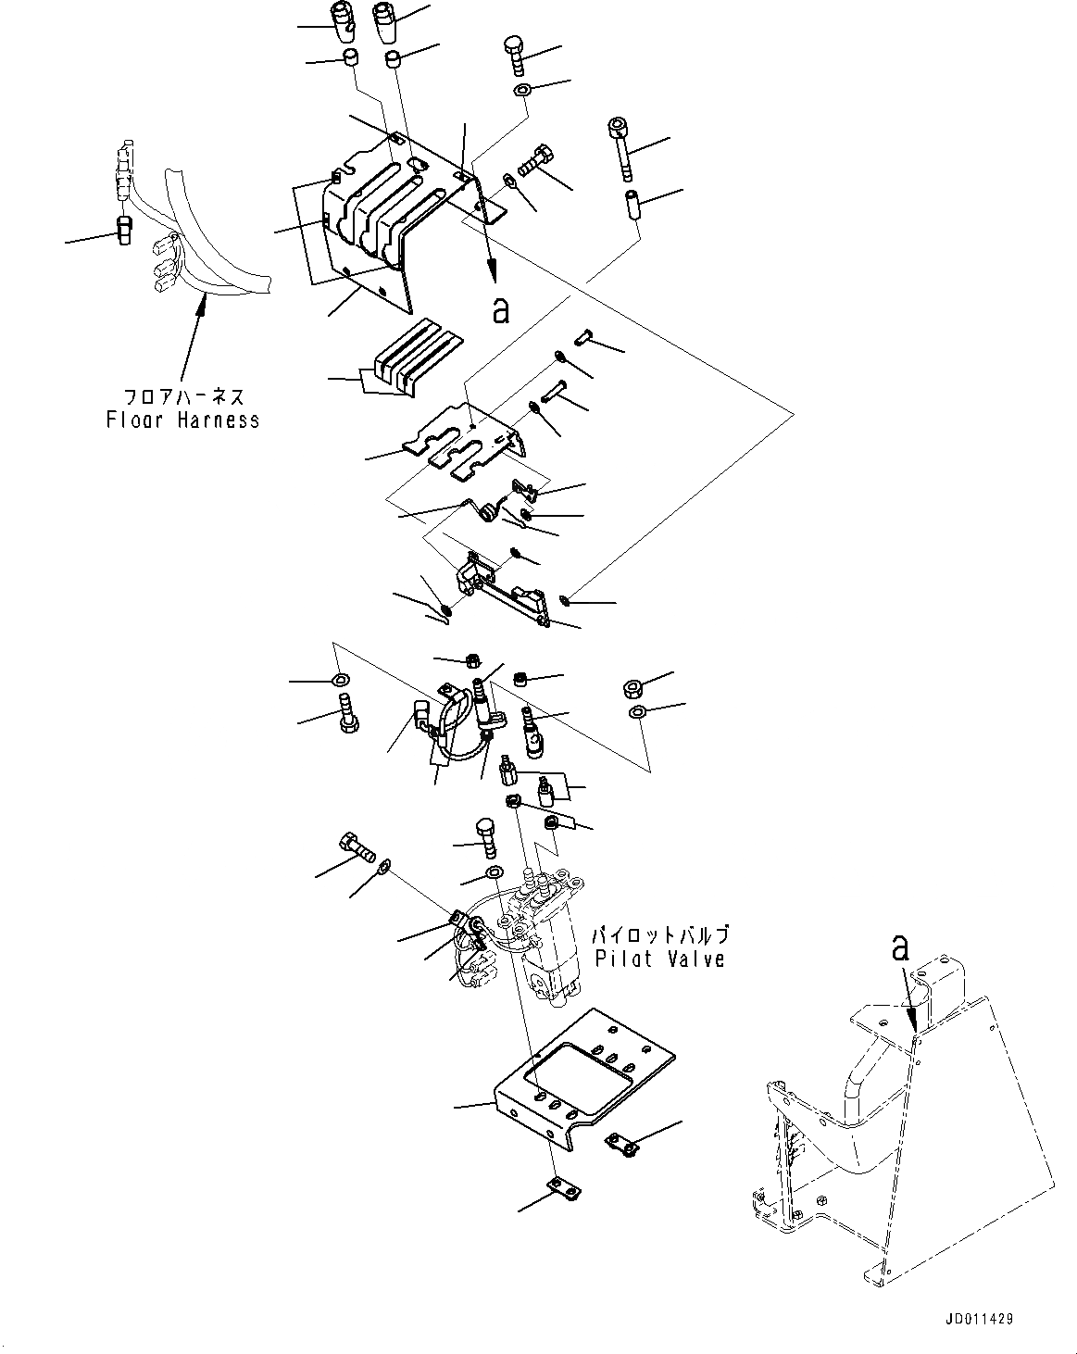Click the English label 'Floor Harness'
coord(182,420)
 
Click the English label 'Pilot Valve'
coord(659,959)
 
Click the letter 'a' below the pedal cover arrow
coord(500,310)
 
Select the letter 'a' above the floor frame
coord(899,947)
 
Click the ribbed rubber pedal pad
coord(417,357)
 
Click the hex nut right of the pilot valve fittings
coord(635,688)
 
